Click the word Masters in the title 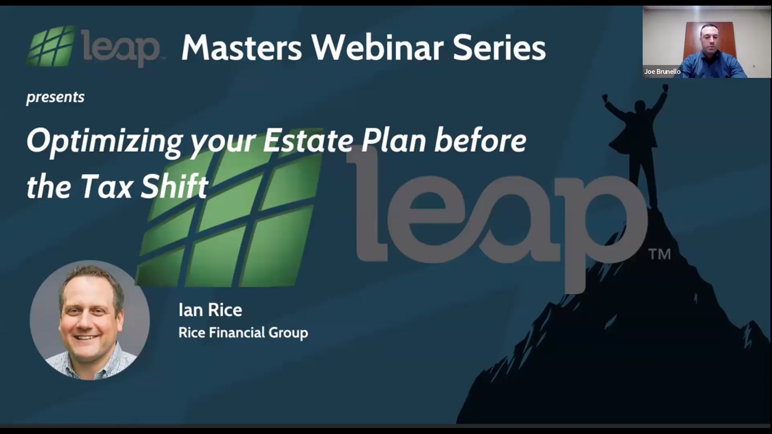click(241, 48)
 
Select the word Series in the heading click(499, 48)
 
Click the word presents click(55, 97)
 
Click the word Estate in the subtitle click(308, 141)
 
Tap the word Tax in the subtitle click(106, 187)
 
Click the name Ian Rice click(210, 310)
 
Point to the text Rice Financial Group click(243, 333)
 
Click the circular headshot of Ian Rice click(90, 320)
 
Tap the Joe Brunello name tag click(662, 72)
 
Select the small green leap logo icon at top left click(51, 46)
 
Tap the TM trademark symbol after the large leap click(659, 254)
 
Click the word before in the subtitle click(480, 141)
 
